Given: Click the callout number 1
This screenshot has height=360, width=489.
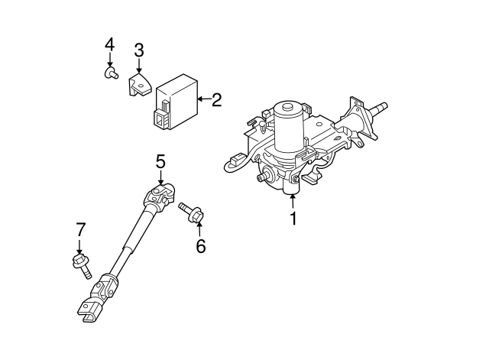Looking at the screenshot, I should [x=292, y=219].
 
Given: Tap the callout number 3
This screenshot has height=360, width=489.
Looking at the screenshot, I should [x=138, y=51].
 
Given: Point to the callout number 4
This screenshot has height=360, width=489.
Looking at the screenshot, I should [x=109, y=44].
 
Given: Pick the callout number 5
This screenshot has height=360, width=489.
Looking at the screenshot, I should [x=160, y=161].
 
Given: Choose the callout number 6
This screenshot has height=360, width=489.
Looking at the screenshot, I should [x=200, y=246].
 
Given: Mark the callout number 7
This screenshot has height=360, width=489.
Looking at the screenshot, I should [x=79, y=229].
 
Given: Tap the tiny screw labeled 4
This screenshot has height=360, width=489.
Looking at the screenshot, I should [x=110, y=73].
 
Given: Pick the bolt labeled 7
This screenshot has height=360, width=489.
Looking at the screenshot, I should [x=80, y=265].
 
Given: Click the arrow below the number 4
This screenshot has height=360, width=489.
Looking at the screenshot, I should [x=109, y=60].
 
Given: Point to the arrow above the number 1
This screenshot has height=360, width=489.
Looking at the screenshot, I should [x=292, y=201].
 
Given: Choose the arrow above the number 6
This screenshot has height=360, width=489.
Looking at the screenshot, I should [x=199, y=228].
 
